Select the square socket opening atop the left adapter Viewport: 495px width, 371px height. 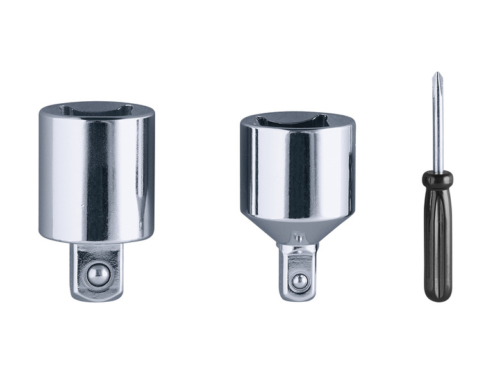coord(96,111)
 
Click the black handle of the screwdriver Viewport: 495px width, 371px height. coord(438,243)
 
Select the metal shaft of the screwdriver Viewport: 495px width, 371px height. coord(437,128)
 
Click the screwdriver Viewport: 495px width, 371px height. coord(438,211)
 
